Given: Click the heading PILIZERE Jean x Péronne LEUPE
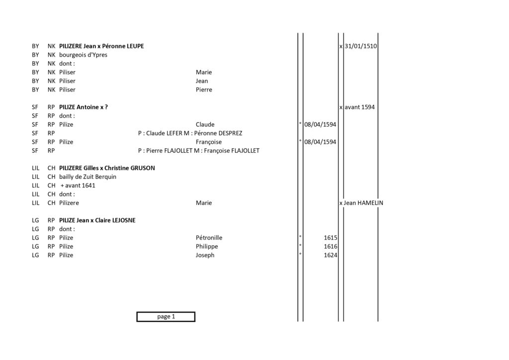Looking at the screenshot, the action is [x=101, y=46].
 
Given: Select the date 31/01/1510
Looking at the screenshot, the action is [x=361, y=46].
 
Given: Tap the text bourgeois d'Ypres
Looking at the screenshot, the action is [x=83, y=55].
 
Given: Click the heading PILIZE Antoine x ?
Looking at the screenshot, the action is [x=84, y=107].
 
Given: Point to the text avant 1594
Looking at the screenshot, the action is [x=359, y=107].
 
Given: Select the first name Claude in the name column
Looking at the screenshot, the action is [x=205, y=125].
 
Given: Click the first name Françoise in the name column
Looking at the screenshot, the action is [x=209, y=142].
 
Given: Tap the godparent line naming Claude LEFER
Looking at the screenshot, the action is [x=190, y=133].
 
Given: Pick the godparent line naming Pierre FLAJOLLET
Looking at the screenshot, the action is [x=199, y=151].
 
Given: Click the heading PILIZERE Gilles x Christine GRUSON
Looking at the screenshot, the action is [x=107, y=168].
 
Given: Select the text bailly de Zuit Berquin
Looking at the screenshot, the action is [x=87, y=177].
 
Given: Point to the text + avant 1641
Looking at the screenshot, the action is [x=78, y=185].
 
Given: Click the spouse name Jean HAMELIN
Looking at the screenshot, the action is [x=363, y=203].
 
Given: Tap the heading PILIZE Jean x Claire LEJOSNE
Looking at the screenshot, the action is [x=97, y=220].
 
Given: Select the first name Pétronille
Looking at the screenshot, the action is [x=209, y=238].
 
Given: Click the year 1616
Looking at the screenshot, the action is [x=331, y=247].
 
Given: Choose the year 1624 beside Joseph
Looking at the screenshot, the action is [x=331, y=255].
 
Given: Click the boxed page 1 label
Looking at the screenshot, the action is [x=166, y=317].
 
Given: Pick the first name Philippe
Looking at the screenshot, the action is [x=207, y=247].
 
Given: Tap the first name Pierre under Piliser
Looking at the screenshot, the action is [x=204, y=90].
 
